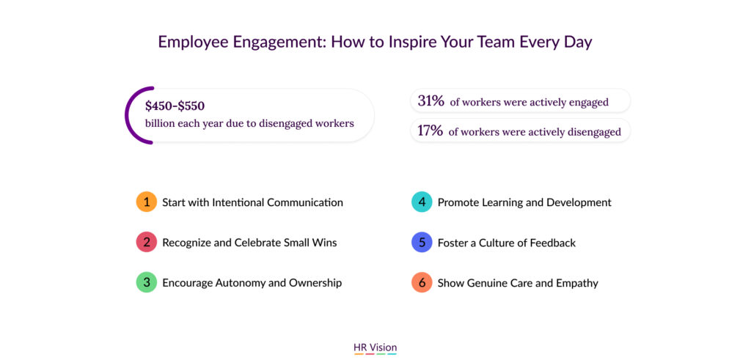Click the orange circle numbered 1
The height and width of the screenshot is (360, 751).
tap(147, 202)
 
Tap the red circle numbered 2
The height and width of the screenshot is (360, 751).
tap(147, 242)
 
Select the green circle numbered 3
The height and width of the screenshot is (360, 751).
tap(147, 282)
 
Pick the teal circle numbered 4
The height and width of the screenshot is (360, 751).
tap(422, 202)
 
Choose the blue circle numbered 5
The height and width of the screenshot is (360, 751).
tap(422, 242)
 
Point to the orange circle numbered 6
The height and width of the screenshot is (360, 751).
tap(422, 282)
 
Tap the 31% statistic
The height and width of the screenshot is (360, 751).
tap(431, 101)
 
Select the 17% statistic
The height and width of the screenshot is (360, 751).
tap(430, 131)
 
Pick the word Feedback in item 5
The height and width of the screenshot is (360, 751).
tap(553, 243)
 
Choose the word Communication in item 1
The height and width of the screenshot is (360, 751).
tap(305, 202)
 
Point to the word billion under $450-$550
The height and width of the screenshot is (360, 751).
tap(160, 123)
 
